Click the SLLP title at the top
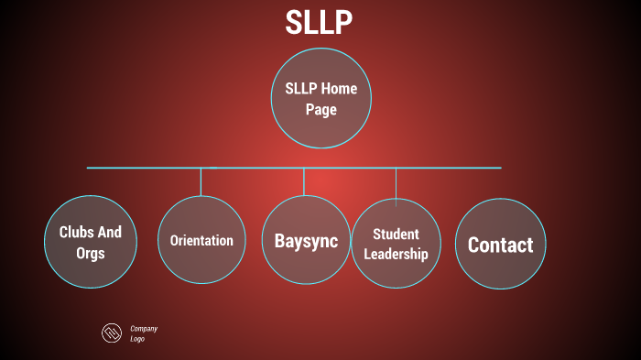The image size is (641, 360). [x=319, y=22]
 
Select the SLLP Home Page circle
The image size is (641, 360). [x=320, y=100]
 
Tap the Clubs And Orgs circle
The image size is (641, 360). [x=90, y=243]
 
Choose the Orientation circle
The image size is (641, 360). [x=201, y=241]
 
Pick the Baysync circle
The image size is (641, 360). [x=306, y=241]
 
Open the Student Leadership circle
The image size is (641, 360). [x=396, y=244]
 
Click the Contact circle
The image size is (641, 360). [x=500, y=245]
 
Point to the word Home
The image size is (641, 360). [x=339, y=90]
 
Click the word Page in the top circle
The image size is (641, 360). [x=321, y=110]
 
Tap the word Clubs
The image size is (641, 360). [x=76, y=233]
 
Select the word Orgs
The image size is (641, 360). [x=90, y=254]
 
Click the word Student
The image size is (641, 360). [x=396, y=235]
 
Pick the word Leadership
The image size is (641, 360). [x=396, y=254]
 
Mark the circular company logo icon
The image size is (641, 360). [x=112, y=333]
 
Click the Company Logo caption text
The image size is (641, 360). [x=144, y=333]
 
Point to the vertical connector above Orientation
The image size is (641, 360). [x=201, y=181]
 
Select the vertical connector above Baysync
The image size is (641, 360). [x=305, y=181]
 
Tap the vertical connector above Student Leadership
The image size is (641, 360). [x=396, y=182]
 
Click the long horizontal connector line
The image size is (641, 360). [x=137, y=168]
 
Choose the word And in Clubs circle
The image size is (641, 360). [x=109, y=233]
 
